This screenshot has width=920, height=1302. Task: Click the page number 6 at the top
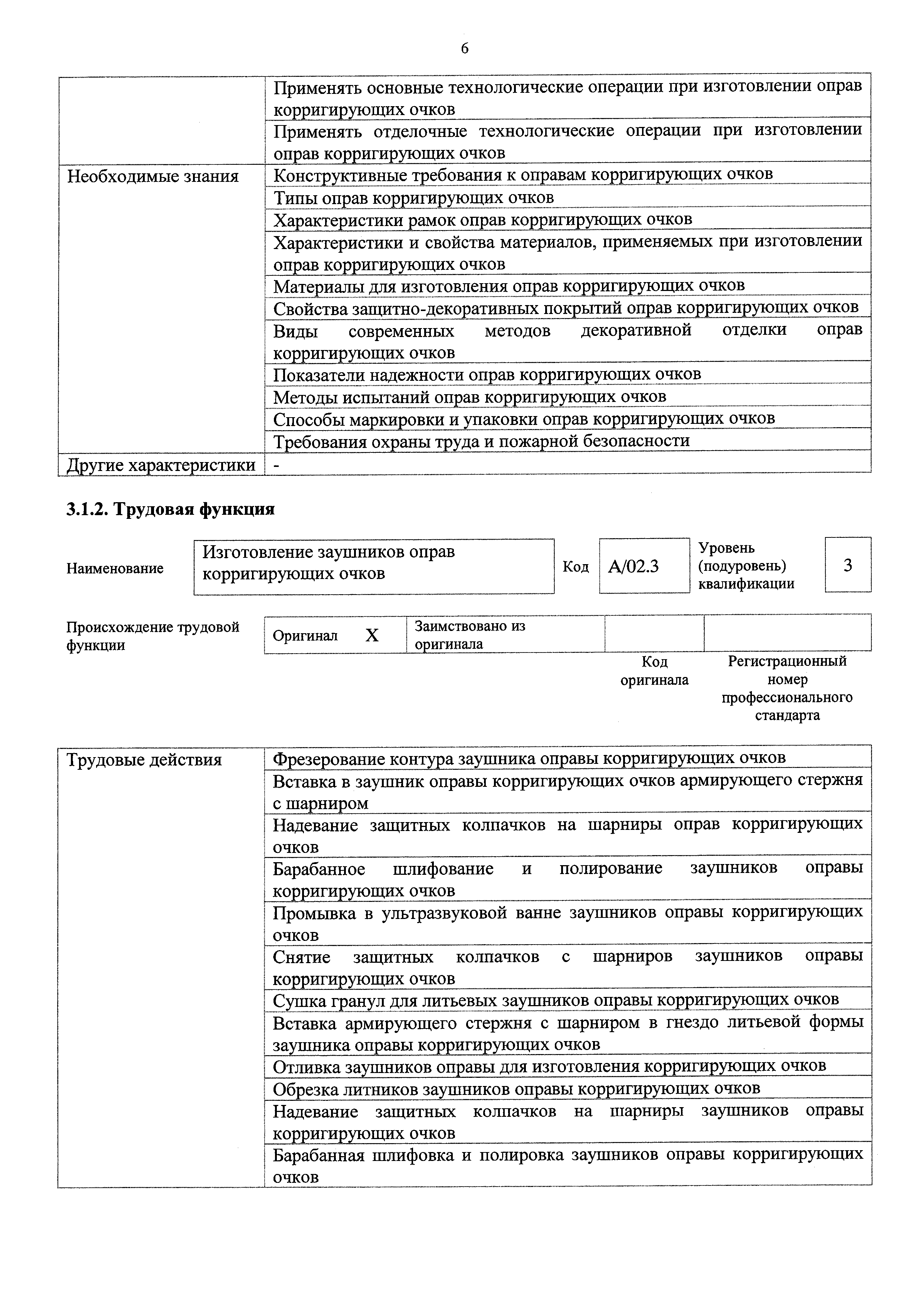click(x=464, y=49)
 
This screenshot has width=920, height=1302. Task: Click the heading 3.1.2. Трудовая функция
click(x=170, y=509)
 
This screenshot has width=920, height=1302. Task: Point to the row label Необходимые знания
click(x=153, y=176)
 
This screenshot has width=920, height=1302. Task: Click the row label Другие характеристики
click(x=161, y=465)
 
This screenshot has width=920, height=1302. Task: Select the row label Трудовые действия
click(x=144, y=760)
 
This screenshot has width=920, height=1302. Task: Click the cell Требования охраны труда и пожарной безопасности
click(x=481, y=441)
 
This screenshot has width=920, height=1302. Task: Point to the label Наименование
click(x=115, y=568)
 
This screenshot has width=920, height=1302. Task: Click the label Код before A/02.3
click(x=575, y=566)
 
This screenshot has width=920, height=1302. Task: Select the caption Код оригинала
click(x=654, y=671)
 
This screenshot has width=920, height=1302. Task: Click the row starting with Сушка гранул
click(x=556, y=999)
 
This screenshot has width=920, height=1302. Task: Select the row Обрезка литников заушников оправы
click(x=516, y=1088)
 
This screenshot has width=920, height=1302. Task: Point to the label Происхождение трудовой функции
click(x=153, y=636)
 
